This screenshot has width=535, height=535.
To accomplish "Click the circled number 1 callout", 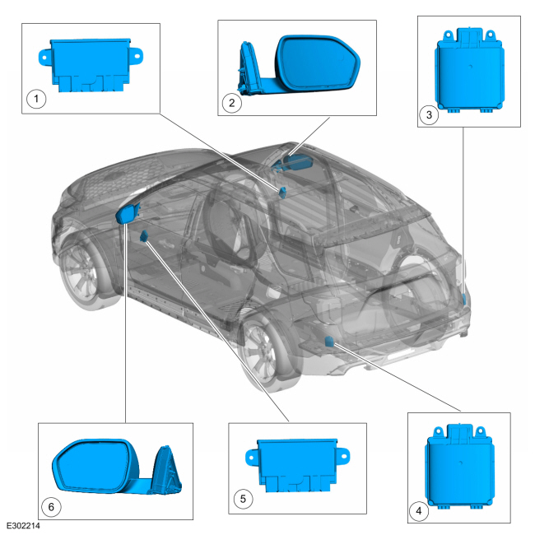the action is (x=36, y=99).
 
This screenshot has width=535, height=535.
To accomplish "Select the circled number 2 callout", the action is (x=232, y=103).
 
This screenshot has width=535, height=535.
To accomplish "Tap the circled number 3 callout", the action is (x=429, y=114).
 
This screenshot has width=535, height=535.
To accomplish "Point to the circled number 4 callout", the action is (x=419, y=511).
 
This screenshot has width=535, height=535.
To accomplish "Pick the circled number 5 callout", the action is (x=243, y=499).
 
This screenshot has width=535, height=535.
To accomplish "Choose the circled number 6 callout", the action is (x=51, y=507).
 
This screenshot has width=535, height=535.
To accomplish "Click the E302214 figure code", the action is (x=23, y=525).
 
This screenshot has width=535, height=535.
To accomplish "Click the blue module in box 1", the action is (x=91, y=65).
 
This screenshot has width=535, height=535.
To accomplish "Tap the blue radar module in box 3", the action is (x=469, y=71).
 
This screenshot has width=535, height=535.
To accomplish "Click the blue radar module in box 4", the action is (x=459, y=467).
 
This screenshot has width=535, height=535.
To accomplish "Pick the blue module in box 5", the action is (x=297, y=465).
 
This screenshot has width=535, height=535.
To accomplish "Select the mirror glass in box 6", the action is (x=95, y=466).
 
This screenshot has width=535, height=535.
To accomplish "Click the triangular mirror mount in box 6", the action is (x=166, y=470).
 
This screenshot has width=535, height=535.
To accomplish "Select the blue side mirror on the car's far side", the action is (x=293, y=161).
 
